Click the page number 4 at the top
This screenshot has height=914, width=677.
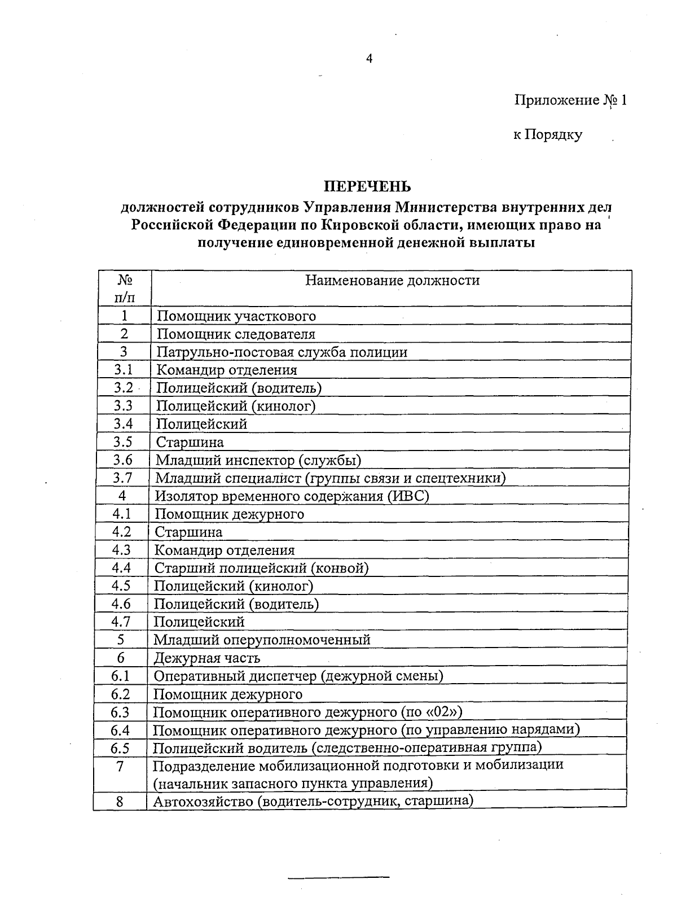click(370, 59)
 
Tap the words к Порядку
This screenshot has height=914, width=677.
click(547, 135)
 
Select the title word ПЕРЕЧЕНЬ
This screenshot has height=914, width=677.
click(367, 186)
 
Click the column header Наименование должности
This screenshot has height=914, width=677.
click(392, 281)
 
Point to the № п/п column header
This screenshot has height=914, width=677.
click(125, 288)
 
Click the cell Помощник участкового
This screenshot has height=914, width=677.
click(236, 316)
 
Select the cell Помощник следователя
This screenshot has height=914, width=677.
click(235, 334)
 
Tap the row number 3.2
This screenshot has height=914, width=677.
click(122, 388)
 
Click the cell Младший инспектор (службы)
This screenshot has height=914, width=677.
click(258, 460)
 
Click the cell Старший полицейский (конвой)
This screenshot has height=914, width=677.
click(261, 568)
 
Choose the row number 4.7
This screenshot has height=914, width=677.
click(121, 622)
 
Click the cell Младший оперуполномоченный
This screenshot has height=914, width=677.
click(262, 640)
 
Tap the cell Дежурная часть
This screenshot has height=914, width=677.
click(206, 658)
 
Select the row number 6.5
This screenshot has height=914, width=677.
click(120, 748)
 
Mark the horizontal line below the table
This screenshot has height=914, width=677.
click(338, 877)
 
